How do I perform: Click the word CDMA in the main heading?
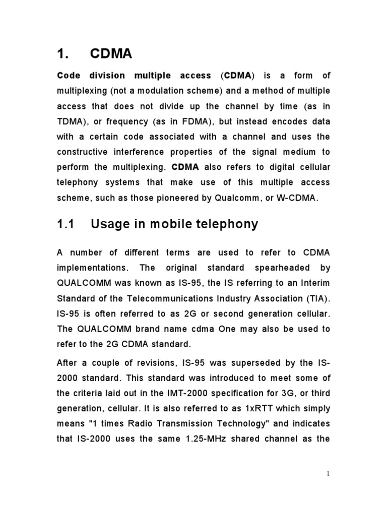tap(111, 54)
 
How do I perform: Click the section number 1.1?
tap(65, 224)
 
